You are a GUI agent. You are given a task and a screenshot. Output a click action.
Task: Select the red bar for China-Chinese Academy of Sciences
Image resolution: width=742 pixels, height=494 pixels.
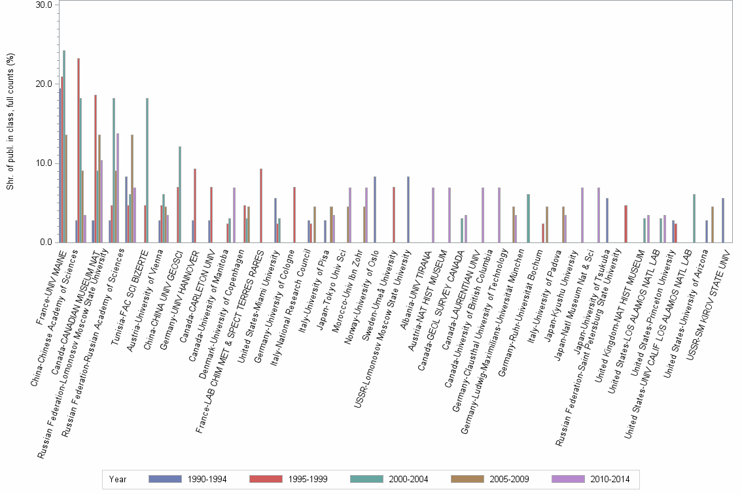point(79,150)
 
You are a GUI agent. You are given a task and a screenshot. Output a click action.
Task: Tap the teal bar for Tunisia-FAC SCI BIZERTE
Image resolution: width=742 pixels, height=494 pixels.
point(147,171)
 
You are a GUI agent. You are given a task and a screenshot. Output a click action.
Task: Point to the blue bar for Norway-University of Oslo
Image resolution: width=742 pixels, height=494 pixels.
point(375,210)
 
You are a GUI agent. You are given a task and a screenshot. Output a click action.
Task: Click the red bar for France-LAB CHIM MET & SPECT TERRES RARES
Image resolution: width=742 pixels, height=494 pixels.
point(261,206)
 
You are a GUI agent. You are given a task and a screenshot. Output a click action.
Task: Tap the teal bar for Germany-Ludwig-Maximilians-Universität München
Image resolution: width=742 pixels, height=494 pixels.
point(528,218)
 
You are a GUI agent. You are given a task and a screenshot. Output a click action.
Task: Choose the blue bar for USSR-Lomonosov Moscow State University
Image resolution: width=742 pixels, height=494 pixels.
point(408,210)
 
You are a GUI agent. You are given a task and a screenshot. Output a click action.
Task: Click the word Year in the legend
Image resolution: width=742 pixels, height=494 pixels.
point(118,480)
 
